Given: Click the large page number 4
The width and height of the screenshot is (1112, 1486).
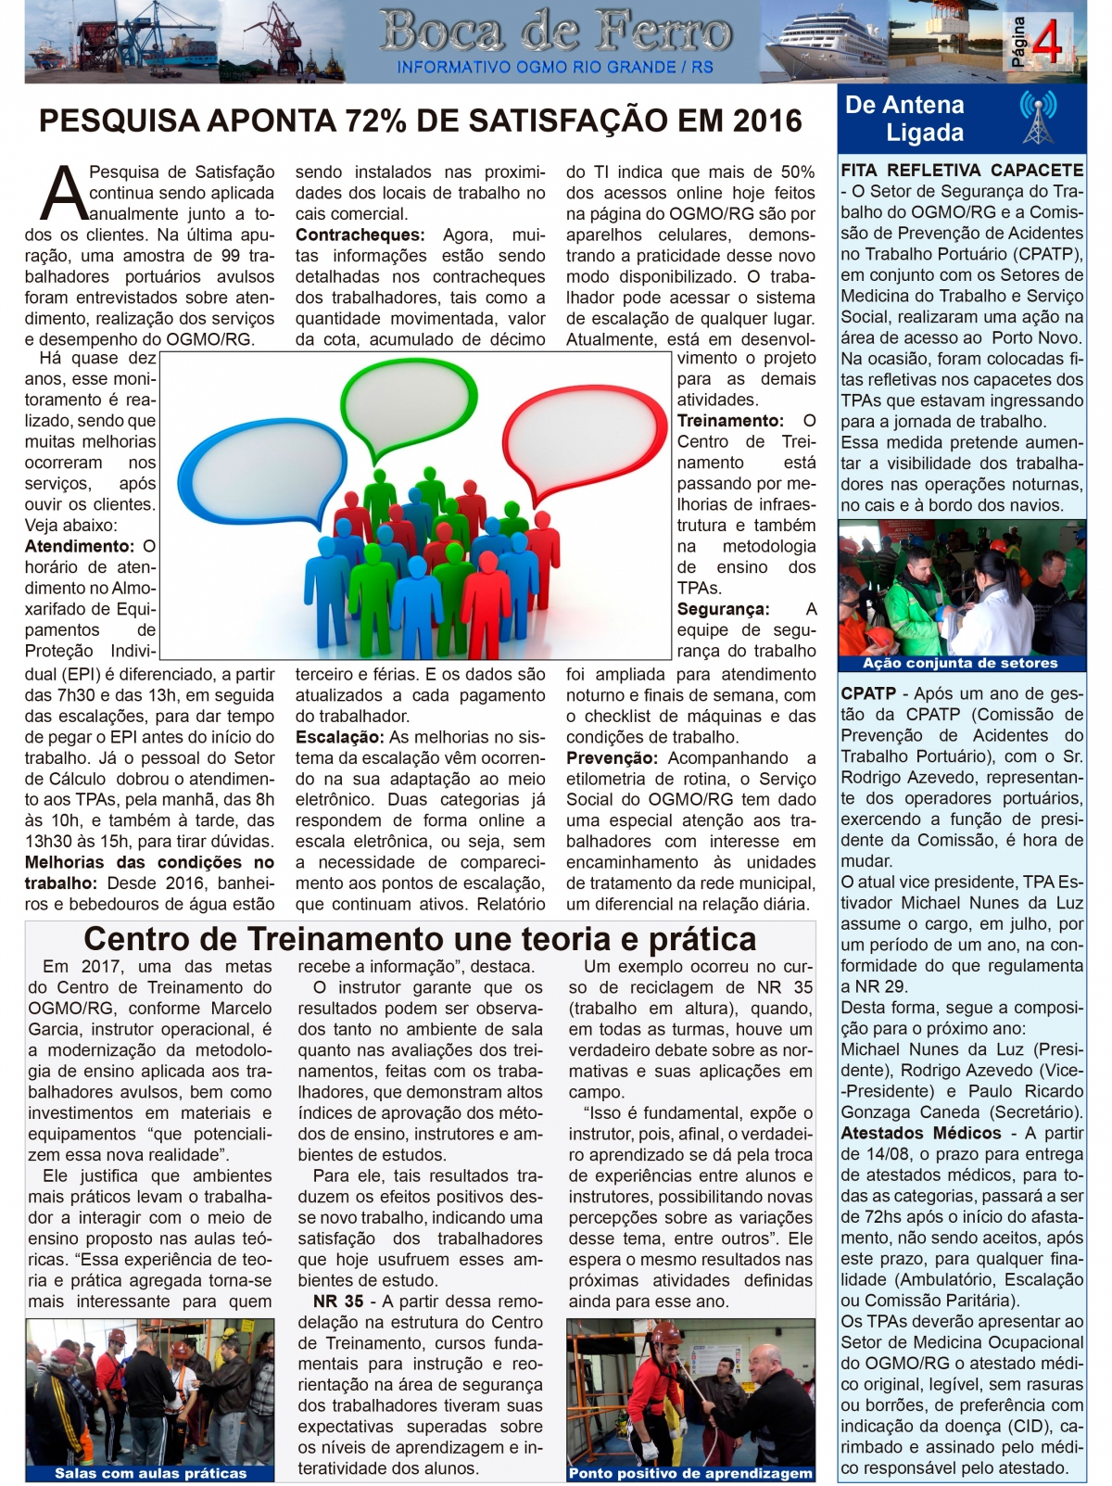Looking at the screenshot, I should pyautogui.click(x=1047, y=41).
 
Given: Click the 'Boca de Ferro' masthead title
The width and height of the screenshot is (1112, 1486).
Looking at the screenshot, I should pyautogui.click(x=555, y=32).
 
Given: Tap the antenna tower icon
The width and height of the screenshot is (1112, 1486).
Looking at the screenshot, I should pyautogui.click(x=1038, y=118).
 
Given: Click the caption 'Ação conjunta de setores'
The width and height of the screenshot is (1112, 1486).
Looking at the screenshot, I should pyautogui.click(x=960, y=663).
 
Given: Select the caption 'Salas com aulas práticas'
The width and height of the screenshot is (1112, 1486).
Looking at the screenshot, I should pyautogui.click(x=151, y=1473).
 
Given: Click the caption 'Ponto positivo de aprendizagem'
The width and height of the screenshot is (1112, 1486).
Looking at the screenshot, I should pyautogui.click(x=690, y=1473).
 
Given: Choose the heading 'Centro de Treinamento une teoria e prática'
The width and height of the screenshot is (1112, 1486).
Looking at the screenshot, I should pyautogui.click(x=420, y=939).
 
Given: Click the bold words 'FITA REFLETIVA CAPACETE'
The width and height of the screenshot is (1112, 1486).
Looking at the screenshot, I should pyautogui.click(x=962, y=171).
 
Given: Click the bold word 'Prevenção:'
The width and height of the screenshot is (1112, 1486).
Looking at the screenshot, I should pyautogui.click(x=613, y=758).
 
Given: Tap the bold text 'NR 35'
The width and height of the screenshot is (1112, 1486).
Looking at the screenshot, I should pyautogui.click(x=337, y=1302).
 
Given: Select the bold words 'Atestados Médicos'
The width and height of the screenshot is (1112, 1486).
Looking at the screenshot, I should pyautogui.click(x=921, y=1133).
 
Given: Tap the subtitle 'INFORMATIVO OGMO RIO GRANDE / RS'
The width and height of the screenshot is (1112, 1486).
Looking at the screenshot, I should pyautogui.click(x=555, y=68).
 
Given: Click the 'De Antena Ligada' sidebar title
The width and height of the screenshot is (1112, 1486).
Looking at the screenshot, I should pyautogui.click(x=904, y=119).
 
